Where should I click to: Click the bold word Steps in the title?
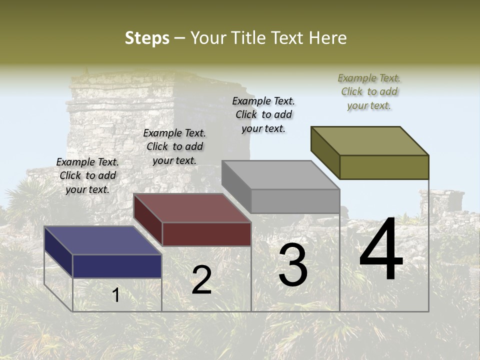(147, 38)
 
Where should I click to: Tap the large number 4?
(381, 250)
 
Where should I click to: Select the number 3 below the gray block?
(293, 264)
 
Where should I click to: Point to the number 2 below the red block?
(201, 280)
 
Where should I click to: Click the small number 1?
(116, 295)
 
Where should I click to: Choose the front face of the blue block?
(117, 266)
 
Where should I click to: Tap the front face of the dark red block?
(206, 234)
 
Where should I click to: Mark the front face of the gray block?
(295, 201)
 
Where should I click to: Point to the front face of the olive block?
(384, 167)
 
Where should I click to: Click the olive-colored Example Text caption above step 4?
(369, 92)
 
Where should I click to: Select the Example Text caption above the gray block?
(263, 115)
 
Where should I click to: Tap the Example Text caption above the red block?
(174, 147)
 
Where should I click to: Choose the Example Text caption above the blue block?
(87, 175)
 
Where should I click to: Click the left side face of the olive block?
(325, 152)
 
